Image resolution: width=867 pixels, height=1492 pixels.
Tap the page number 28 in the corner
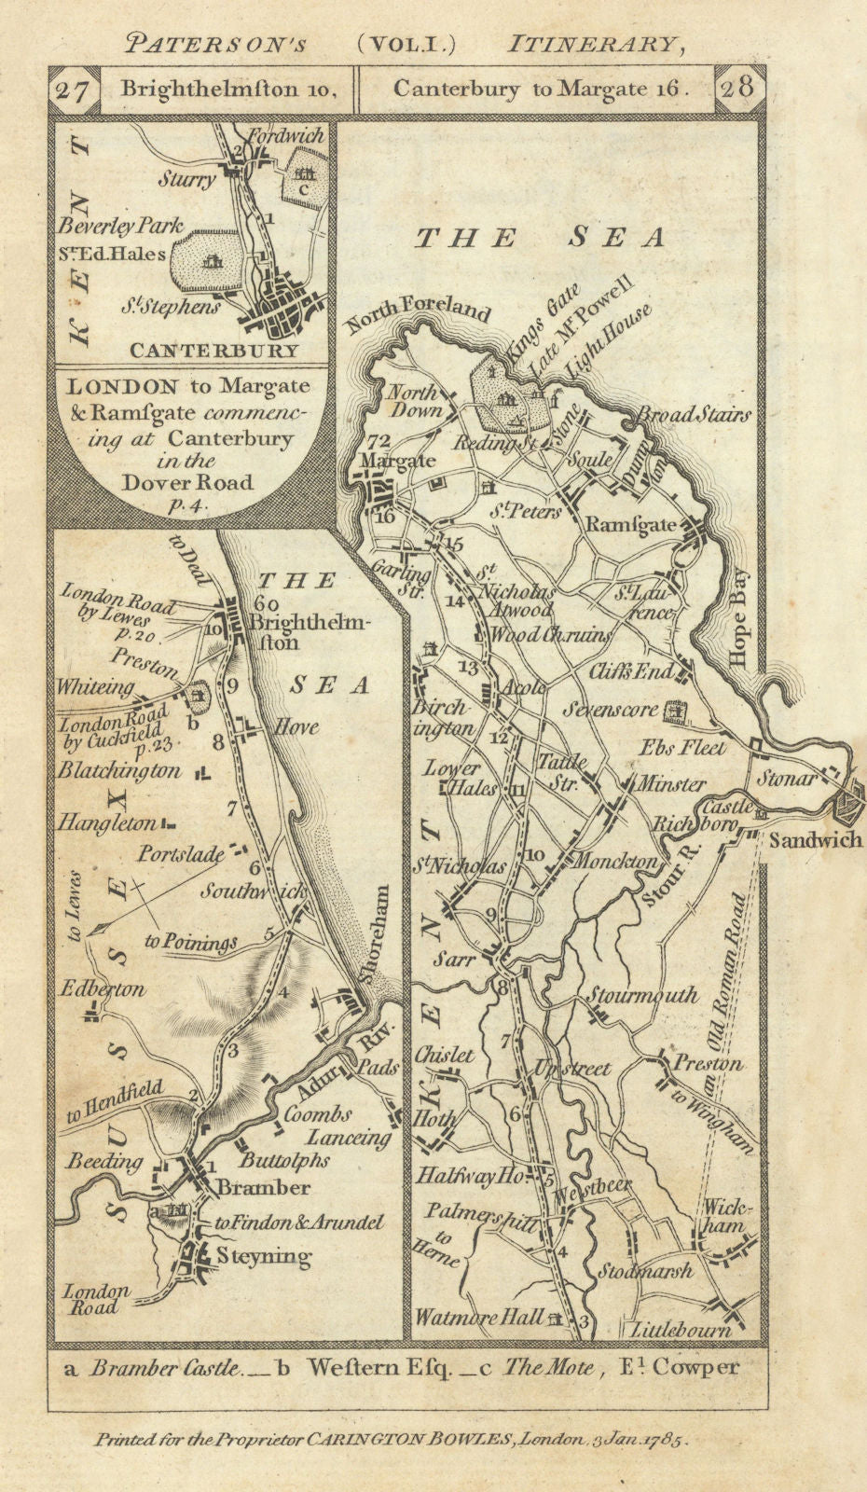pos(736,90)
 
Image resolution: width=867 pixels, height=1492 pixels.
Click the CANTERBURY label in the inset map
pos(214,352)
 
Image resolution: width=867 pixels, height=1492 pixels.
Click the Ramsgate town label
pos(630,525)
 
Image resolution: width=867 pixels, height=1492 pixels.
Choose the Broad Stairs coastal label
pos(694,415)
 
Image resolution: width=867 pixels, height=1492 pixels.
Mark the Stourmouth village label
pos(641,995)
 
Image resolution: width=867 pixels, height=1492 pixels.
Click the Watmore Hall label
pos(479,1318)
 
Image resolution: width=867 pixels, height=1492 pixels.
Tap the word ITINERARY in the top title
pos(591,43)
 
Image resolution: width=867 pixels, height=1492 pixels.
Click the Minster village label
pos(670,785)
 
